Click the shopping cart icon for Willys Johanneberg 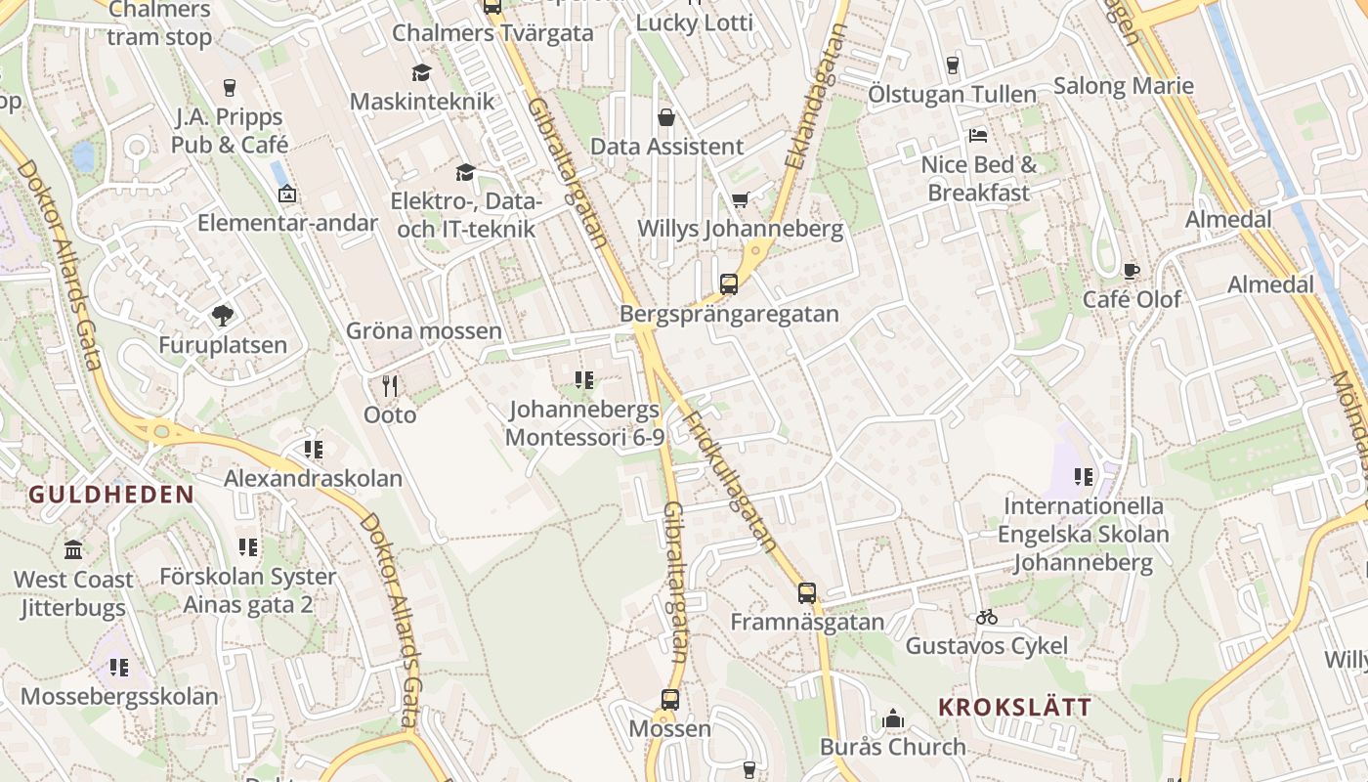point(741,200)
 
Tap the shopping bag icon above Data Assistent point(666,118)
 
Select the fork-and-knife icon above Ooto point(390,386)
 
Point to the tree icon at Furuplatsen point(223,316)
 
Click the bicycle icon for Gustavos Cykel point(986,617)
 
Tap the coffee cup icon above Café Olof point(1131,271)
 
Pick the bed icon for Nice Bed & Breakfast point(978,135)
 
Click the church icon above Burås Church point(892,719)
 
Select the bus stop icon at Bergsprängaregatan point(729,284)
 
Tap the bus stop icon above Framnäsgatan point(807,592)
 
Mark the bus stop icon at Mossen point(670,700)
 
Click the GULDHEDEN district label point(111,495)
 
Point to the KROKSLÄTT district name point(1015,708)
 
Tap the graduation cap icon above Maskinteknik point(421,73)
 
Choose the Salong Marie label point(1124,86)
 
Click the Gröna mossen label point(424,331)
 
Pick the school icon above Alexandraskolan point(313,450)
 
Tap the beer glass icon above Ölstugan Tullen point(953,65)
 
